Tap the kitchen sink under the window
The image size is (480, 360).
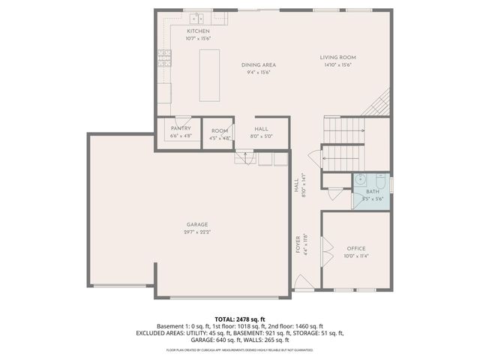click(196, 18)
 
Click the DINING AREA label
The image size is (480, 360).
click(258, 65)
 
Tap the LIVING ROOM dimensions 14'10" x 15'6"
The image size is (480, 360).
click(337, 65)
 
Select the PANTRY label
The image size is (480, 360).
click(181, 128)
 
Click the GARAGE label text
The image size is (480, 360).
click(197, 224)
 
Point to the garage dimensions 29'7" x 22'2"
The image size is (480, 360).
click(197, 232)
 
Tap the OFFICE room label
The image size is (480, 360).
click(355, 248)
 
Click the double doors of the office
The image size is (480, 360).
click(325, 250)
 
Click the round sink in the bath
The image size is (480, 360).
click(360, 180)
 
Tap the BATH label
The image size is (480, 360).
click(373, 192)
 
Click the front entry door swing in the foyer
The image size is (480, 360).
click(303, 283)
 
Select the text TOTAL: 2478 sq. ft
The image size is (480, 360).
click(240, 319)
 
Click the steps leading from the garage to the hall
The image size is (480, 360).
click(243, 157)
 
